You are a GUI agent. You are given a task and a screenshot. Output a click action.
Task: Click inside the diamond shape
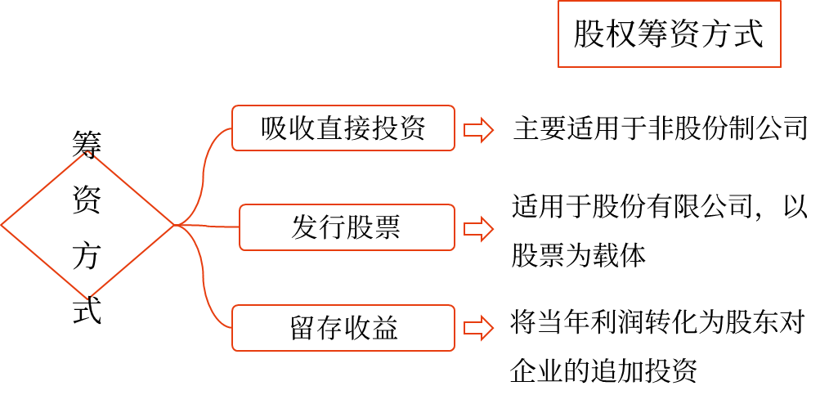tap(88, 226)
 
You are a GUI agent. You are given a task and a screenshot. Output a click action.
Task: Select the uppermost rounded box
tap(343, 128)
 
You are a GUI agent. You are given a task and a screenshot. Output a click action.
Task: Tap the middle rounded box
tap(347, 227)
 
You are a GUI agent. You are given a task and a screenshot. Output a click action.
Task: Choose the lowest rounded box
tap(343, 328)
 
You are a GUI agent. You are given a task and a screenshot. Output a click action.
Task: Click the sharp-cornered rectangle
tap(669, 34)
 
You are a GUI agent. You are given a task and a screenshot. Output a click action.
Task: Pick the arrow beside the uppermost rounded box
tap(479, 130)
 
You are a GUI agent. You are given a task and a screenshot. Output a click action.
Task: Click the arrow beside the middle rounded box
tap(479, 229)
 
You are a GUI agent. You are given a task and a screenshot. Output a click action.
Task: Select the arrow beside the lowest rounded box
tap(479, 328)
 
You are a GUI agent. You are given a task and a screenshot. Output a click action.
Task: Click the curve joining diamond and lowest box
tap(204, 282)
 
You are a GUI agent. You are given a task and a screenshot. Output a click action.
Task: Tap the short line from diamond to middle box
tap(208, 226)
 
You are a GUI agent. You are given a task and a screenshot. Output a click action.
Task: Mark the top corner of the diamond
tap(88, 152)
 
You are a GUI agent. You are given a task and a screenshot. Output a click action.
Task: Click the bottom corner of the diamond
tap(88, 299)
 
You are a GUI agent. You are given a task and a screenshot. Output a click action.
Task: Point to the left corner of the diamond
tap(2, 225)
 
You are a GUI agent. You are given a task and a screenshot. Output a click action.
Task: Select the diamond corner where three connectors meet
tap(176, 225)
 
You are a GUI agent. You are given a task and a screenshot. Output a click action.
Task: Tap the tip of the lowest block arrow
tap(493, 328)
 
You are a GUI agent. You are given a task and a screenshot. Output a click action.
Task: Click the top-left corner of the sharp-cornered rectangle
tap(558, 1)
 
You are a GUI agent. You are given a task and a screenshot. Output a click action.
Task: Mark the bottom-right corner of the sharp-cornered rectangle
tap(781, 67)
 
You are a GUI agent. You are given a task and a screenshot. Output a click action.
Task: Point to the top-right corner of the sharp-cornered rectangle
tap(781, 1)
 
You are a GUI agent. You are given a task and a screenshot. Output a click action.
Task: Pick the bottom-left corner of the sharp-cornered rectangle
tap(558, 67)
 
